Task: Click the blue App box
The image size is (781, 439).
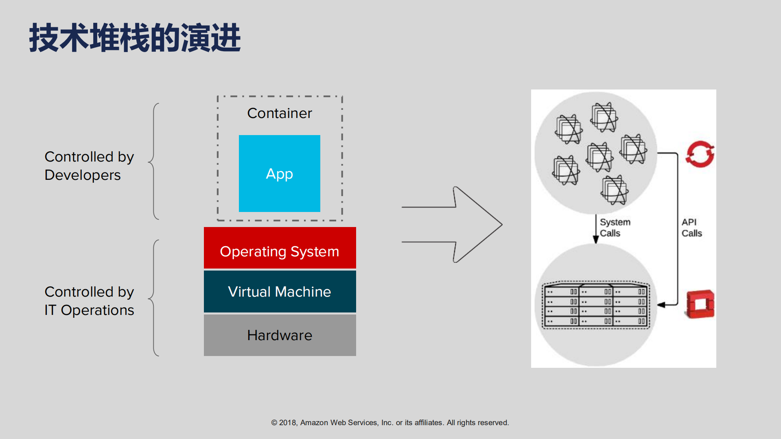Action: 279,173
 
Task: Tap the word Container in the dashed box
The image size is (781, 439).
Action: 279,113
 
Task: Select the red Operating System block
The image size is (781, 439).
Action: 280,248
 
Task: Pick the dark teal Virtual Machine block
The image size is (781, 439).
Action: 280,291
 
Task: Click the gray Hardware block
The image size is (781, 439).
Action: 280,335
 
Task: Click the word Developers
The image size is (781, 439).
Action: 83,175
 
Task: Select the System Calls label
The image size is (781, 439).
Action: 615,227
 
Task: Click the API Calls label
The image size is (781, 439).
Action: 691,227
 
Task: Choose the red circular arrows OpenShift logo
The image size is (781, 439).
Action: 700,154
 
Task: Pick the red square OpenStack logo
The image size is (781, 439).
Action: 700,304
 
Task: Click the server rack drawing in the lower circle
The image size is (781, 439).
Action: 596,305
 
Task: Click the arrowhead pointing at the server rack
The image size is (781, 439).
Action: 661,304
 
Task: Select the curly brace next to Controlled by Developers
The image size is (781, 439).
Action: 154,162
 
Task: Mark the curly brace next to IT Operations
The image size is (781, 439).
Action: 154,298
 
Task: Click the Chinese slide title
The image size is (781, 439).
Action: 135,38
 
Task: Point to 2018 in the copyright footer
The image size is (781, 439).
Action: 287,422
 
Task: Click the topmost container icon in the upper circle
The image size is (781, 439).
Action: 604,117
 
